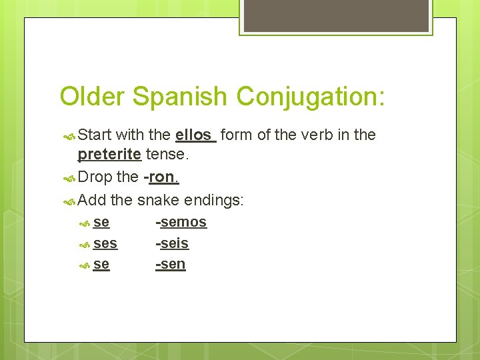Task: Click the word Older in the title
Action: point(92,97)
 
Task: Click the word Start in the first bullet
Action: point(95,135)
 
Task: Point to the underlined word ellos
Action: point(194,135)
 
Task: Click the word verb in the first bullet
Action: point(317,135)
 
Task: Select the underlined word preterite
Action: point(109,155)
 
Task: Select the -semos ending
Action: point(181,222)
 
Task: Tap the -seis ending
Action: point(172,243)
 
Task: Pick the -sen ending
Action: point(171,265)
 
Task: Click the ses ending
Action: point(105,243)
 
